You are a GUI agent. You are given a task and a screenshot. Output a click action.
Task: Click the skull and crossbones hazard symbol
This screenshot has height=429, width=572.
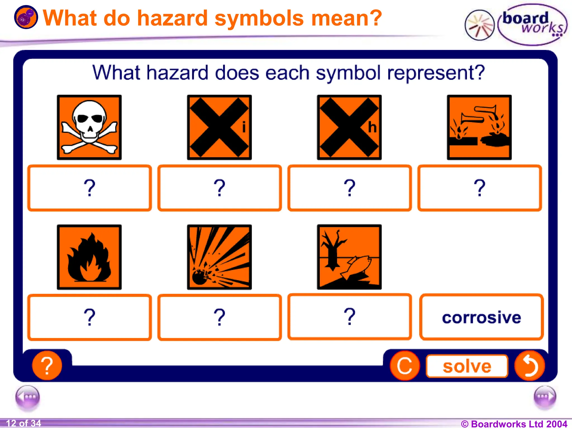point(89,127)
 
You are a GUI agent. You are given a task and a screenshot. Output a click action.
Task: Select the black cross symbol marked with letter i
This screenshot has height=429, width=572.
point(219,127)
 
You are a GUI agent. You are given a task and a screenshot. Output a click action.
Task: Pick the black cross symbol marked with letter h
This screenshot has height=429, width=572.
point(349,127)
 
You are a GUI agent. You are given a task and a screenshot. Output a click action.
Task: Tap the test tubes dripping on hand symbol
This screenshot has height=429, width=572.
point(479,127)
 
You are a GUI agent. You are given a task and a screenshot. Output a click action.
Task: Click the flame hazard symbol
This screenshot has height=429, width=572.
point(89,257)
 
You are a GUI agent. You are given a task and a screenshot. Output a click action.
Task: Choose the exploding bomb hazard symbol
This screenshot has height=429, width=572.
point(219,257)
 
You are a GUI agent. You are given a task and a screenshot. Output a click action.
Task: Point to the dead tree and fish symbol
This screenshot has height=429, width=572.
point(349,257)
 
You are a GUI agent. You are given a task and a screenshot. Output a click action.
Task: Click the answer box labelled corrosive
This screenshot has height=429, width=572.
point(481,317)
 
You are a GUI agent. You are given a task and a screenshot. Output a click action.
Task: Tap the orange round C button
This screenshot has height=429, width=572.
point(405,366)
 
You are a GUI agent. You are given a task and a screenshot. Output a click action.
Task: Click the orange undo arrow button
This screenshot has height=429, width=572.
point(530,366)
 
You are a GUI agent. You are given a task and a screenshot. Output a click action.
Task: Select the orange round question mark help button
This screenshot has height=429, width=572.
point(47,366)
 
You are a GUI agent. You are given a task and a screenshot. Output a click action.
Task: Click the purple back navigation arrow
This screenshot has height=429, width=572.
point(28,397)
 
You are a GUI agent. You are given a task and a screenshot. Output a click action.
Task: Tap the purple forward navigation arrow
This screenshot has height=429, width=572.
point(545,397)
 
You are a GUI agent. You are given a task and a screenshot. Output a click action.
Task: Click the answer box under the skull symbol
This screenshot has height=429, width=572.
point(89,188)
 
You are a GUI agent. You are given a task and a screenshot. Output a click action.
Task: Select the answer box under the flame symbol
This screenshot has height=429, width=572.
point(89,317)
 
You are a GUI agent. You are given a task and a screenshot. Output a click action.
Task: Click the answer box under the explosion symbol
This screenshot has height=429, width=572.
point(220,317)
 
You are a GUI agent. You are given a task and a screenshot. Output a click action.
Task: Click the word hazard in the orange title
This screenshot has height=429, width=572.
point(172,18)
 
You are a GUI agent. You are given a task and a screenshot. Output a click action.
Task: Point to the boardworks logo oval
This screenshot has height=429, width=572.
point(532,25)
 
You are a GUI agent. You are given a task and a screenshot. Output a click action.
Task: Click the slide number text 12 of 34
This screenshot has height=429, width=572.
point(23,423)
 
